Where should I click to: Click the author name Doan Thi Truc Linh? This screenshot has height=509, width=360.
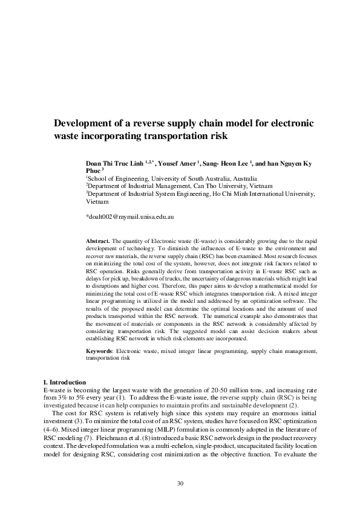click(120, 163)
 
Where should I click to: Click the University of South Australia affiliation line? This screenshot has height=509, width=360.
click(171, 179)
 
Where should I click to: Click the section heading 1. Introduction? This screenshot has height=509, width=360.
click(66, 383)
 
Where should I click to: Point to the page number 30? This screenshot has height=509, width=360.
click(180, 483)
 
